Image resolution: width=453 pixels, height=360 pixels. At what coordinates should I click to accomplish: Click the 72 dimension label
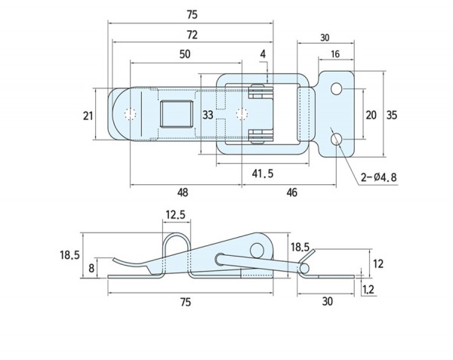click(x=192, y=35)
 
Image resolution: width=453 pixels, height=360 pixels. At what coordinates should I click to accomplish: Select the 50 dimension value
click(x=185, y=54)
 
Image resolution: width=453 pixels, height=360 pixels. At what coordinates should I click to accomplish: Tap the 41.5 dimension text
click(x=262, y=174)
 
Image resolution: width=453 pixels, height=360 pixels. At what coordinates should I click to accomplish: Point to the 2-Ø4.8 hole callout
click(x=379, y=177)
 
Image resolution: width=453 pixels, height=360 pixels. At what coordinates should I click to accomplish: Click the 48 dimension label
click(x=183, y=192)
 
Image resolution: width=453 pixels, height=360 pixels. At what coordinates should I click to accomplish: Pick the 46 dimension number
click(x=291, y=192)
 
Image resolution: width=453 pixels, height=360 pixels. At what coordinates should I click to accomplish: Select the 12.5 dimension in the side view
click(x=175, y=215)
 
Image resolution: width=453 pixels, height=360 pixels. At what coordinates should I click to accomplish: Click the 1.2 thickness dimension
click(x=368, y=289)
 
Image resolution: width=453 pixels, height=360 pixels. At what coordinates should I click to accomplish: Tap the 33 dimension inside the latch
click(x=208, y=115)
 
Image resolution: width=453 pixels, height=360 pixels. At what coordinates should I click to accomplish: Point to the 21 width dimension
click(x=88, y=116)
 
